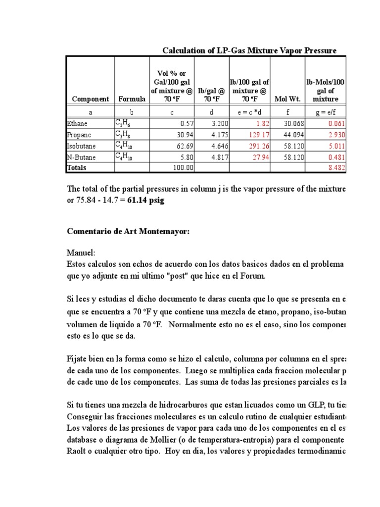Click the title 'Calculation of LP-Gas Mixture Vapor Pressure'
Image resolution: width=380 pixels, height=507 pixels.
click(249, 51)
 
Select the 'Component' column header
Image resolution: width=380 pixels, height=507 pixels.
click(90, 99)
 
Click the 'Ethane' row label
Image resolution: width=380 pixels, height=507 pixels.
click(77, 123)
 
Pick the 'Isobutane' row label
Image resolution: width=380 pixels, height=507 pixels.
click(81, 146)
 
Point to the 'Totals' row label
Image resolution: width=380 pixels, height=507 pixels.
click(77, 167)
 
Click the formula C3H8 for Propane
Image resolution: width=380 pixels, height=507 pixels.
click(123, 135)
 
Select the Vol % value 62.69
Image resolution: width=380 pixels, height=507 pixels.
click(182, 146)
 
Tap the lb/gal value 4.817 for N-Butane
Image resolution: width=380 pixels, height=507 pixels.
click(216, 157)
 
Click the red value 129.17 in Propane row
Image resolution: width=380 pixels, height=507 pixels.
click(258, 135)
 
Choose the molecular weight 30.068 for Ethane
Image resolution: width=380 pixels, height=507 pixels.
click(293, 123)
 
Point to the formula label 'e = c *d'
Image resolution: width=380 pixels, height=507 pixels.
click(249, 112)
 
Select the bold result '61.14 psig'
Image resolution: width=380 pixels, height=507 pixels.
click(145, 201)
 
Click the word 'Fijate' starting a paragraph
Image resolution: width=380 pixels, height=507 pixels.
click(78, 358)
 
